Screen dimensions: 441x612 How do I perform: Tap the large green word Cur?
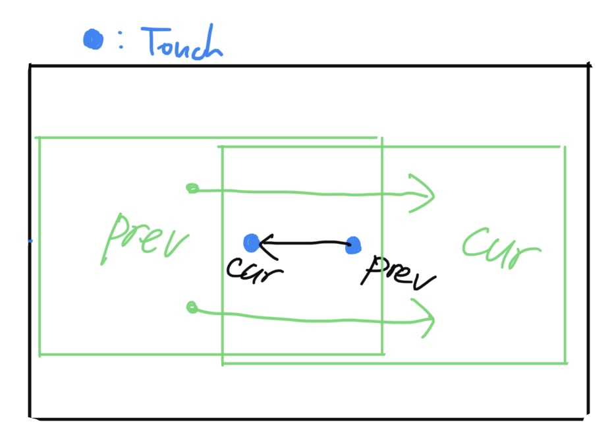(501, 248)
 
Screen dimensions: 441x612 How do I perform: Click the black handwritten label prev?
(398, 273)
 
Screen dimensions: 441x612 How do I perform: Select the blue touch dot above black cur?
(251, 243)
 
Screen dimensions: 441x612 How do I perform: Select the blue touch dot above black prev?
(353, 245)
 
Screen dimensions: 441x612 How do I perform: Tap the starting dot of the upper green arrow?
(192, 189)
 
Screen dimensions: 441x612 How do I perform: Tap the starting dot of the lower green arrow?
(192, 307)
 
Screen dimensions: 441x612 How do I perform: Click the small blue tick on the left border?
(30, 241)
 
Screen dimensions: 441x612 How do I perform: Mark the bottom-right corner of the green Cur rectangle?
(565, 362)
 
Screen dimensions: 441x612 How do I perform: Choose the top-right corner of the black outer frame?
(588, 66)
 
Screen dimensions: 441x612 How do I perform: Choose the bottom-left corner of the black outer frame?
(30, 417)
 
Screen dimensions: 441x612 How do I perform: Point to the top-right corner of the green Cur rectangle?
(564, 147)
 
